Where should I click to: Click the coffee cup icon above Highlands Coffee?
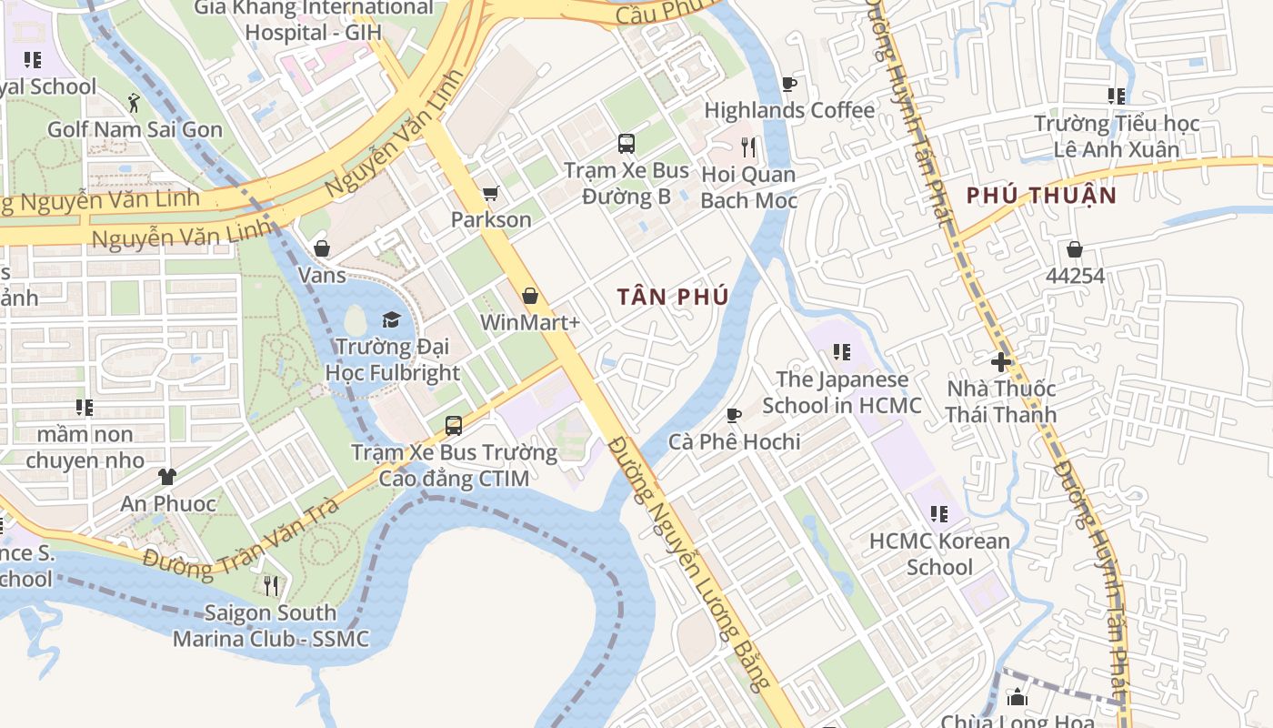[x=789, y=85]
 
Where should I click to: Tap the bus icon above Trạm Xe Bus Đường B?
[x=626, y=143]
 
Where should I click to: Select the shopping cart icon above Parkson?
[x=491, y=193]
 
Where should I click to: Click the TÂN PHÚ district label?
[x=673, y=298]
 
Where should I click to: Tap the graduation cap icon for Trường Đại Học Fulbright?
[x=391, y=319]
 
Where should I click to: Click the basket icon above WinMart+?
[x=530, y=296]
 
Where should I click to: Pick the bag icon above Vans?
[x=322, y=248]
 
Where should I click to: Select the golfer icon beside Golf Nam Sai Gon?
[x=135, y=102]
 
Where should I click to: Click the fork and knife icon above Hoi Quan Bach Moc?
[x=748, y=147]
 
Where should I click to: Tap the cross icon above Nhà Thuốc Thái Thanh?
[x=1001, y=362]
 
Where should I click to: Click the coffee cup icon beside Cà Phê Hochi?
[x=734, y=416]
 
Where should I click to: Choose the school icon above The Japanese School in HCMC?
[x=842, y=352]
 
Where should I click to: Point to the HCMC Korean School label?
[x=939, y=554]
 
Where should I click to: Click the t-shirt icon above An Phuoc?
[x=167, y=476]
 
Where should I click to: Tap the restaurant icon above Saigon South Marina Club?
[x=270, y=585]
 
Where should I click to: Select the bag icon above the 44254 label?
[x=1075, y=249]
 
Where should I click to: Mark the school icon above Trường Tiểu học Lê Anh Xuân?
[x=1117, y=96]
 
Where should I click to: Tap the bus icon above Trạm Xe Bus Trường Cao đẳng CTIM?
[x=454, y=425]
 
